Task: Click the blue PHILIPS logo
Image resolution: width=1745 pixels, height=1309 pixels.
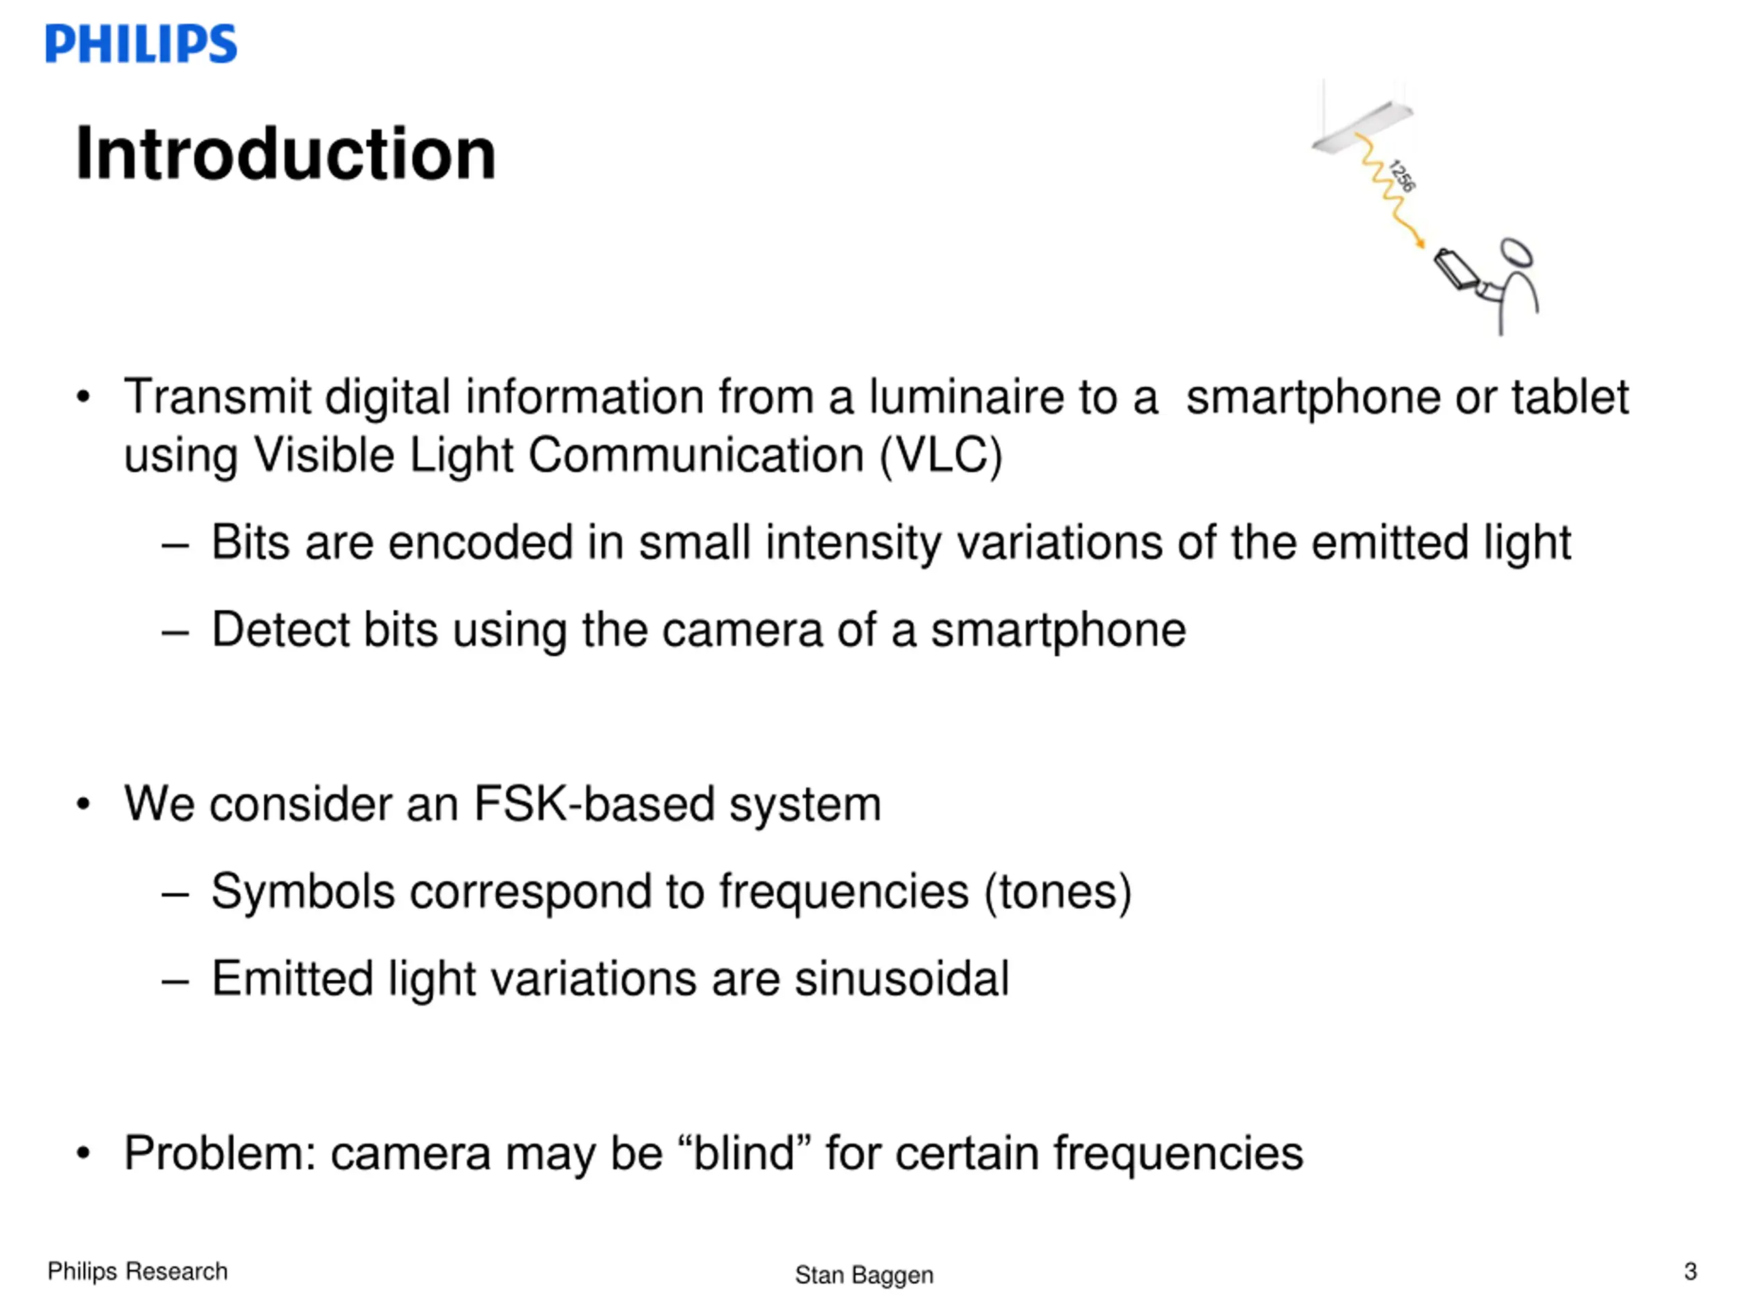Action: pyautogui.click(x=141, y=44)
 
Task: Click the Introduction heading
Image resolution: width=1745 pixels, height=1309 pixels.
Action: pyautogui.click(x=286, y=153)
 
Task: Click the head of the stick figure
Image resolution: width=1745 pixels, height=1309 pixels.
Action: pyautogui.click(x=1516, y=254)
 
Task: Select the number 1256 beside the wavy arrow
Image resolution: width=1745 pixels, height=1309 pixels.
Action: pyautogui.click(x=1403, y=175)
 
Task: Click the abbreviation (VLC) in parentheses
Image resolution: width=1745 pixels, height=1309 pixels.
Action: pyautogui.click(x=941, y=455)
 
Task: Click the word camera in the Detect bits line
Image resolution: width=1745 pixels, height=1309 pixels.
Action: pyautogui.click(x=742, y=630)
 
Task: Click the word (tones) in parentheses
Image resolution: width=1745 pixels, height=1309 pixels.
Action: pyautogui.click(x=1057, y=892)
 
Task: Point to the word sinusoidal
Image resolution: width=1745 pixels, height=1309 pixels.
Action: pyautogui.click(x=901, y=978)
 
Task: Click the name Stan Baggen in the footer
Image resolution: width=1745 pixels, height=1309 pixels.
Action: pyautogui.click(x=864, y=1274)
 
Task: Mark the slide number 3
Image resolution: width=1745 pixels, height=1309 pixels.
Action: pyautogui.click(x=1690, y=1271)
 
